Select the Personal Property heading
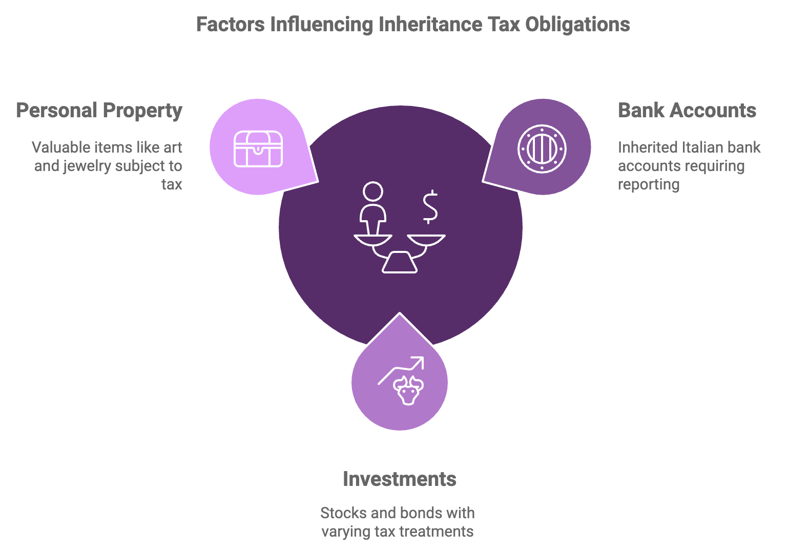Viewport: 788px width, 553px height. pyautogui.click(x=99, y=111)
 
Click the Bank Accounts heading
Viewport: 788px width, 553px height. pyautogui.click(x=687, y=111)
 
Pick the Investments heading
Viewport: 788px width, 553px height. pyautogui.click(x=399, y=479)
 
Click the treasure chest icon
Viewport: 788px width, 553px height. pyautogui.click(x=258, y=148)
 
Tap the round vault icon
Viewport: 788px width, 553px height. pyautogui.click(x=542, y=148)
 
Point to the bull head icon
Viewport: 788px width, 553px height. pyautogui.click(x=408, y=390)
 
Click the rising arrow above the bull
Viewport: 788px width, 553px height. pyautogui.click(x=402, y=369)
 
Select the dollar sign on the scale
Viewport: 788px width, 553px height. pyautogui.click(x=429, y=207)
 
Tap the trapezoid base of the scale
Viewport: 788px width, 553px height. pyautogui.click(x=399, y=263)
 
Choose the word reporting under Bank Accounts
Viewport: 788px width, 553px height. pyautogui.click(x=648, y=184)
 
